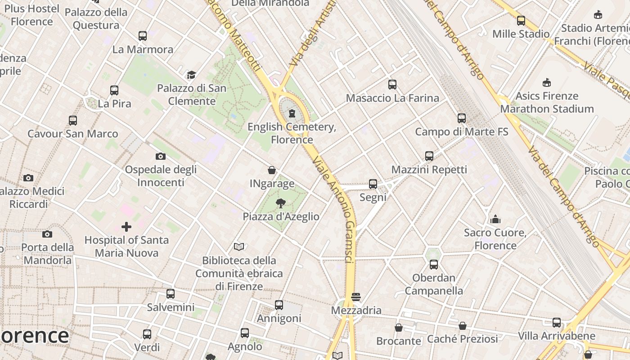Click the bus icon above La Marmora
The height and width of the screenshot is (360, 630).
[x=143, y=36]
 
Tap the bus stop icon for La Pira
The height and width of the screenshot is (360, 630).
[x=114, y=90]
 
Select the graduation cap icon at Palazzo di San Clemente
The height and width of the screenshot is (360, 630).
[x=192, y=75]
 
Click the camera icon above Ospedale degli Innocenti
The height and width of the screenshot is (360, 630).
[x=161, y=157]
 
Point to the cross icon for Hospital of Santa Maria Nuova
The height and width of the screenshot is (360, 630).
[x=126, y=226]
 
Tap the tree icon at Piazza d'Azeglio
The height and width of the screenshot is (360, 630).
[x=281, y=203]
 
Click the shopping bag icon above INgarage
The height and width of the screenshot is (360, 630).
[x=272, y=170]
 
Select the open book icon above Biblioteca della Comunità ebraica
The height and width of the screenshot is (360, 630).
[x=239, y=247]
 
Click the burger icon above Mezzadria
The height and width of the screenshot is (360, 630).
[x=356, y=297]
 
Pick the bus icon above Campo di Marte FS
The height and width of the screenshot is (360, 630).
[x=462, y=118]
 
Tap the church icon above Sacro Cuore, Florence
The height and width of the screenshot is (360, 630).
[x=495, y=219]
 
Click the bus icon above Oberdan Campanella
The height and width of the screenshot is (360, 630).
[x=434, y=265]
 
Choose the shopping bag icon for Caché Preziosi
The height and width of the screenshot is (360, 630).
[x=463, y=325]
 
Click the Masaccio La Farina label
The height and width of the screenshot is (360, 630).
[x=392, y=98]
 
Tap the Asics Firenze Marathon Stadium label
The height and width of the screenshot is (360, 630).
[x=547, y=103]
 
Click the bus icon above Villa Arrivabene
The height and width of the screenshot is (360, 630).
[x=557, y=323]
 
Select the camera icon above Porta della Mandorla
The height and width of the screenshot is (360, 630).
[x=47, y=234]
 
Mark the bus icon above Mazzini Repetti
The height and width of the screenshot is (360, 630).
[x=429, y=156]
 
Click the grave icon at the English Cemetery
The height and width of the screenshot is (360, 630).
[x=292, y=113]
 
